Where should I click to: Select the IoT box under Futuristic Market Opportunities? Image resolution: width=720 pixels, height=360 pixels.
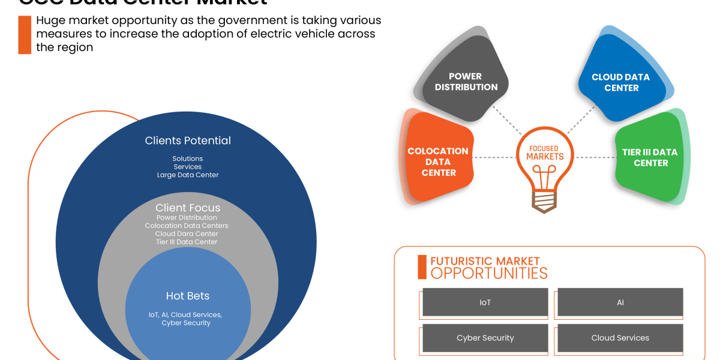(485, 302)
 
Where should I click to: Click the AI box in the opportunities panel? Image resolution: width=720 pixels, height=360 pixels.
(620, 302)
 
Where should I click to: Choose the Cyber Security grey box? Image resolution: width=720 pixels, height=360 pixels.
(485, 338)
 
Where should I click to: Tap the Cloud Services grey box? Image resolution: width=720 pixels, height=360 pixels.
(620, 338)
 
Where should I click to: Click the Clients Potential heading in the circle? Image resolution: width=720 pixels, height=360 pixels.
(188, 140)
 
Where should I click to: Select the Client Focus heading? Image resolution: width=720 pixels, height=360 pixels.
(188, 208)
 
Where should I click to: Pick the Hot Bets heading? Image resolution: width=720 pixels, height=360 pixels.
(188, 296)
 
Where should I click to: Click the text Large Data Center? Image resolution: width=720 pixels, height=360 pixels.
(188, 175)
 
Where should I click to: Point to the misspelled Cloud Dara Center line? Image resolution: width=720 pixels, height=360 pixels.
(187, 234)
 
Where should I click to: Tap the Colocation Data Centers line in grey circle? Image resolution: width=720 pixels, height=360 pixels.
(187, 226)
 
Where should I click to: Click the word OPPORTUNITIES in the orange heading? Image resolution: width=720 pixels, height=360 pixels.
(489, 274)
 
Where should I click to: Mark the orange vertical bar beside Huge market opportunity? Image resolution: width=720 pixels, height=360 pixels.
(25, 35)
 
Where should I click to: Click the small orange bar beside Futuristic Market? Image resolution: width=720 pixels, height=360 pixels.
(422, 267)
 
